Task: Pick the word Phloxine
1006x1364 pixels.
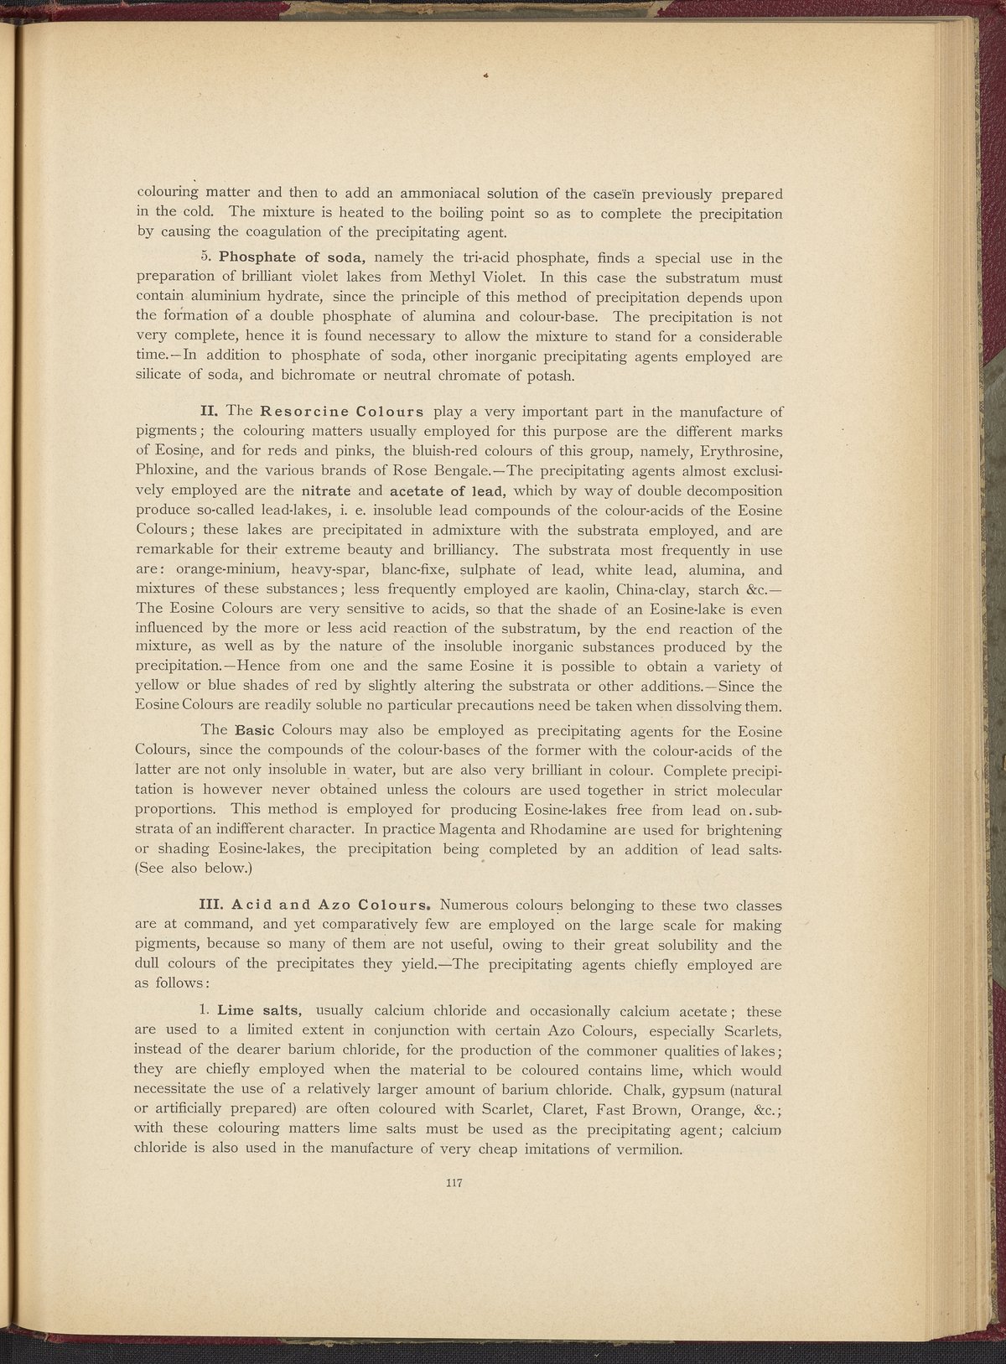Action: pos(165,471)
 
